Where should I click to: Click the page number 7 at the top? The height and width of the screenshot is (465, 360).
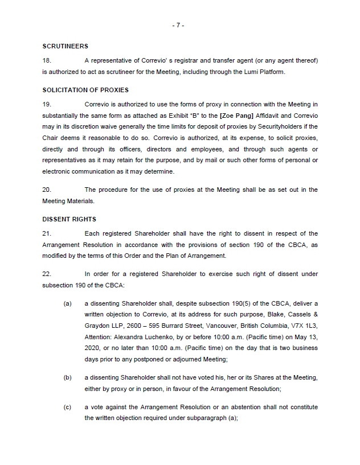(179, 25)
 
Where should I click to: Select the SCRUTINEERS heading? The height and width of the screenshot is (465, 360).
(65, 46)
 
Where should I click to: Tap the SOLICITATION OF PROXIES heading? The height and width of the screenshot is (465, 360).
(85, 90)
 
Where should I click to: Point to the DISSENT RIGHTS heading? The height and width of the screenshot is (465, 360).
(69, 219)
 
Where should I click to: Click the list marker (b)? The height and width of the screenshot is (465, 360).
(67, 377)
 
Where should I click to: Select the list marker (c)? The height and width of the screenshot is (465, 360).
(67, 408)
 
